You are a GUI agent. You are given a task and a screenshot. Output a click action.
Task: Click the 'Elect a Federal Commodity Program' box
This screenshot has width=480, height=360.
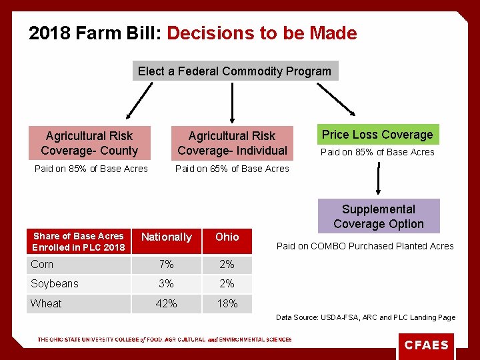235,71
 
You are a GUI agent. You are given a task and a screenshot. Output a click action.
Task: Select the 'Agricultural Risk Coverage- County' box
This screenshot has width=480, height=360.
89,143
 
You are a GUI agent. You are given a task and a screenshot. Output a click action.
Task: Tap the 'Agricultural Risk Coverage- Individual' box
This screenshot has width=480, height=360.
232,143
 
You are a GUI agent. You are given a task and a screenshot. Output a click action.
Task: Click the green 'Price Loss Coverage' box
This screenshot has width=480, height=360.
377,135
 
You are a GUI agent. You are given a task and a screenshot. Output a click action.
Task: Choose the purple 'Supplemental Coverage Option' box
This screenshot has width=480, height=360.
379,217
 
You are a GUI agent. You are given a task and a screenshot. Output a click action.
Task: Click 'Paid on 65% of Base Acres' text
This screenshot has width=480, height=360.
232,169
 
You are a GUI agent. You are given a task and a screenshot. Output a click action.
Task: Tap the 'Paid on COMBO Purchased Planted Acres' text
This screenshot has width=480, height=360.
365,246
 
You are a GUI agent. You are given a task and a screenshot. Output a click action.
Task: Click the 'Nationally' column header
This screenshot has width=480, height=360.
166,237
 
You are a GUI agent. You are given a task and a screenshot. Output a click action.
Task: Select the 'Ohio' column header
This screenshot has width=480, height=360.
227,237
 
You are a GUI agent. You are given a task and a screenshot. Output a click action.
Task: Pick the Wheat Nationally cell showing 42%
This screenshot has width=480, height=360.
166,303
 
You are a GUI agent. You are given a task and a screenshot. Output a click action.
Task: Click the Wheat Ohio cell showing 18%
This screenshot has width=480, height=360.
227,303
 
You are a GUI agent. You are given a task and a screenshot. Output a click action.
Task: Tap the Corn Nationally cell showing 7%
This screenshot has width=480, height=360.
166,265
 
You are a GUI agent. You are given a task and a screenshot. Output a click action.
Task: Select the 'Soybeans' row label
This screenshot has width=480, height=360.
55,284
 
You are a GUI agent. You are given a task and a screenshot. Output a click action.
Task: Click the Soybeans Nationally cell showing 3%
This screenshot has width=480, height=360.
166,284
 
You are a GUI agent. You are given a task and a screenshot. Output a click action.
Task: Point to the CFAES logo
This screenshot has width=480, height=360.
427,345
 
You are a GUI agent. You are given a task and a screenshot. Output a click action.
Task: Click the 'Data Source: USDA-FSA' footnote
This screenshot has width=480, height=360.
365,317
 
